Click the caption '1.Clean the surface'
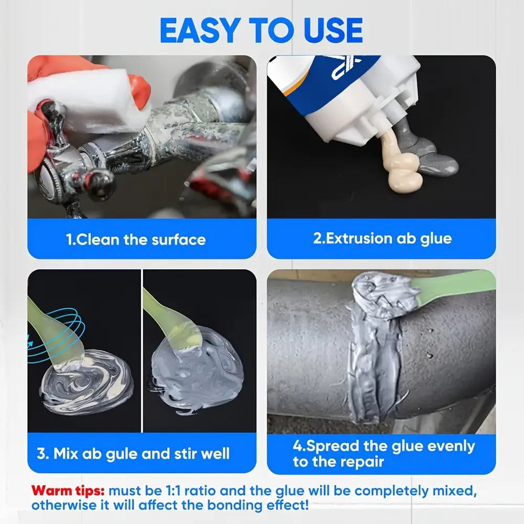[x=136, y=239]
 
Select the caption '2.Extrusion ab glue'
[x=383, y=238]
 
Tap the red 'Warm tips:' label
[x=68, y=491]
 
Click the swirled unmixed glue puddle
[x=86, y=381]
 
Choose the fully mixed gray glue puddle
[x=197, y=371]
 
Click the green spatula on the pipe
[x=454, y=287]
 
